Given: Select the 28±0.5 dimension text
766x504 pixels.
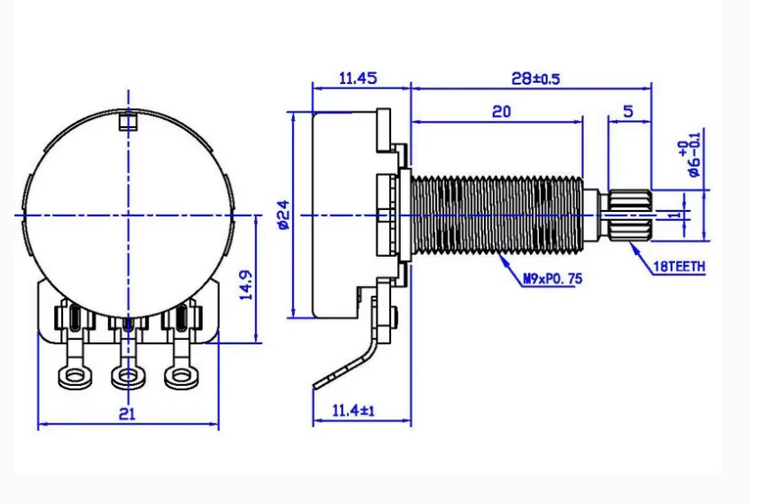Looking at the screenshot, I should pyautogui.click(x=535, y=78).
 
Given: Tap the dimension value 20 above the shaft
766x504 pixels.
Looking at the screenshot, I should pyautogui.click(x=502, y=111).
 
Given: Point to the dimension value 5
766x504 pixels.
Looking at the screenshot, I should pyautogui.click(x=627, y=111).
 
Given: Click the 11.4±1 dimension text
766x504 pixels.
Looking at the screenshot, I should pyautogui.click(x=353, y=411).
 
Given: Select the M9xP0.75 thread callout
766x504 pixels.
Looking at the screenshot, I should pyautogui.click(x=552, y=279).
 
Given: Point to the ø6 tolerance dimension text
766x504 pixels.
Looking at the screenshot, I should pyautogui.click(x=691, y=157).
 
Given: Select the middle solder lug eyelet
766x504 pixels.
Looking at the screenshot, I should pyautogui.click(x=127, y=375).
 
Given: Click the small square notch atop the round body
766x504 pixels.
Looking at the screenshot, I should pyautogui.click(x=128, y=119).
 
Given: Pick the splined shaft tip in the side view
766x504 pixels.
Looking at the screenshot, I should pyautogui.click(x=628, y=215).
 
